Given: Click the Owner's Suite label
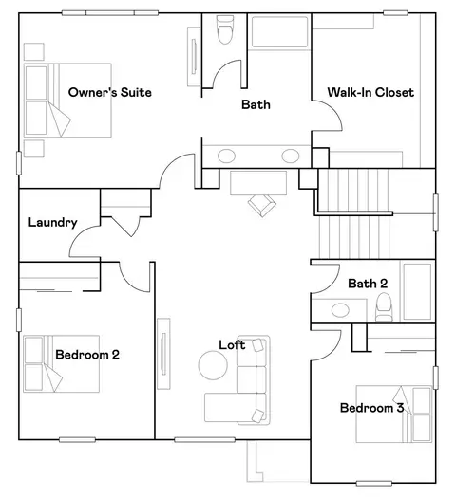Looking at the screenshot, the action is (110, 92).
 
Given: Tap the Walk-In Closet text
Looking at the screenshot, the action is (370, 92).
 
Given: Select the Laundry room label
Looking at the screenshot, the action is (52, 223).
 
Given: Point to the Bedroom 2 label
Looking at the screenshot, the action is (87, 355).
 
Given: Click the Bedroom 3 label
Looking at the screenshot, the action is (371, 408).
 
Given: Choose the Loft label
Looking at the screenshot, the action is (232, 345).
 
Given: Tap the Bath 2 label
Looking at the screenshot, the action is (368, 284).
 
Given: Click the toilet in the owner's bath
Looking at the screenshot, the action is (225, 29).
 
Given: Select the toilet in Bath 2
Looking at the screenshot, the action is (384, 306).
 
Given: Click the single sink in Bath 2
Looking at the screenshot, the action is (340, 309).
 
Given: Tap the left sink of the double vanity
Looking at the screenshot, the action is (226, 156).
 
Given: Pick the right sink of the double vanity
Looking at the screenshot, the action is (291, 156).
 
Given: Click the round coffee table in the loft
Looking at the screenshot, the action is (213, 365).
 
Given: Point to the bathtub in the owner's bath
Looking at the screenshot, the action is (279, 31).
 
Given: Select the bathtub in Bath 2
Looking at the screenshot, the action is (417, 291).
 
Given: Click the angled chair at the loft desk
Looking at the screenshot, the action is (262, 205).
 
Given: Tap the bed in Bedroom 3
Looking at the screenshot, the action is (394, 414).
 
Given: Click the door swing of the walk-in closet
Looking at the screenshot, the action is (335, 108).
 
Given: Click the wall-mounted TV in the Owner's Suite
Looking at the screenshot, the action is (194, 56).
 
